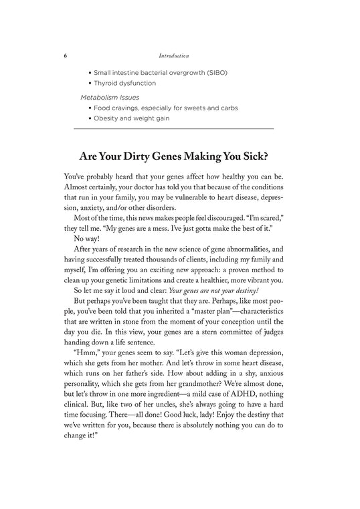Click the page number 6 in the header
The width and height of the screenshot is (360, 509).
click(65, 56)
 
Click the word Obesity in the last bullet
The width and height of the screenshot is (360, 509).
click(108, 118)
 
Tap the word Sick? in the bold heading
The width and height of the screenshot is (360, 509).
click(265, 157)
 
